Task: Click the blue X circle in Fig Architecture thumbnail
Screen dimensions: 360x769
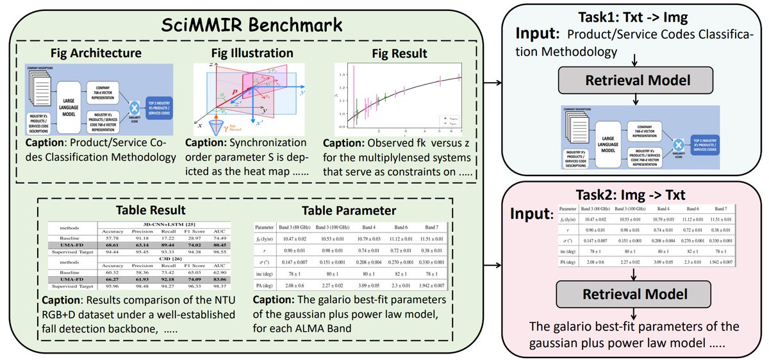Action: pyautogui.click(x=135, y=107)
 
